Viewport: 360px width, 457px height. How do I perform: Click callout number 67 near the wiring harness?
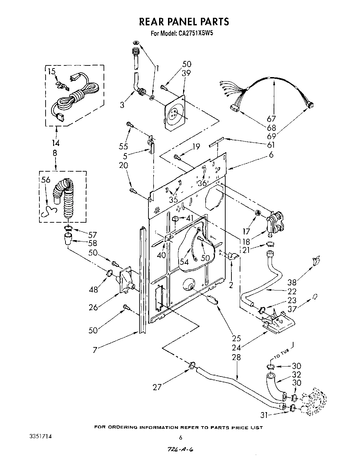point(271,119)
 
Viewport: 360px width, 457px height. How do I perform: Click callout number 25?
point(236,338)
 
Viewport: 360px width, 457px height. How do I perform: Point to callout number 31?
point(263,415)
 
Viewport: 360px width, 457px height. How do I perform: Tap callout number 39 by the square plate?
point(186,73)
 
